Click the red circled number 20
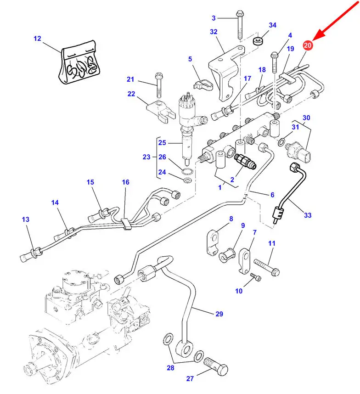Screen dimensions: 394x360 point(307,45)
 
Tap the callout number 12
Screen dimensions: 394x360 point(37,39)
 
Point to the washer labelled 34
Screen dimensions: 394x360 point(259,41)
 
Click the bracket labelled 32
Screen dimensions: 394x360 point(225,73)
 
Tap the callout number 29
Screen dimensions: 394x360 point(219,314)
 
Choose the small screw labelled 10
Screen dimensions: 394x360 point(255,277)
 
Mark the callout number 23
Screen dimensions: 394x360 point(146,157)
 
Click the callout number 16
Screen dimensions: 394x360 point(125,182)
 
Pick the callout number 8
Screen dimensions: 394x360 point(231,219)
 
